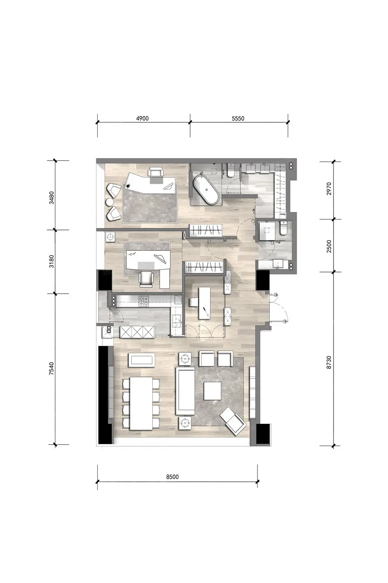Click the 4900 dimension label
click(x=142, y=118)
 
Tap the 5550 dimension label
click(x=238, y=118)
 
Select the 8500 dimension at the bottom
click(x=172, y=477)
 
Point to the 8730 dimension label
click(x=329, y=362)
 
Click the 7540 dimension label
click(x=52, y=368)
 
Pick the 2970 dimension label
click(x=329, y=189)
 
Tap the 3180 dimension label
click(x=52, y=262)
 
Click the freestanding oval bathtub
click(x=206, y=189)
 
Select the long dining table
click(x=141, y=404)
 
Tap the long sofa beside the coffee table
click(x=185, y=391)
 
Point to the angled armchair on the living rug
click(x=233, y=421)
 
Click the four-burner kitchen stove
click(x=143, y=301)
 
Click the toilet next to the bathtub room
click(x=230, y=170)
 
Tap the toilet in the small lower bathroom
click(x=282, y=229)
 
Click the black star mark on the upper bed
click(x=128, y=186)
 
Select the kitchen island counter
click(x=204, y=303)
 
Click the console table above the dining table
click(x=142, y=360)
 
